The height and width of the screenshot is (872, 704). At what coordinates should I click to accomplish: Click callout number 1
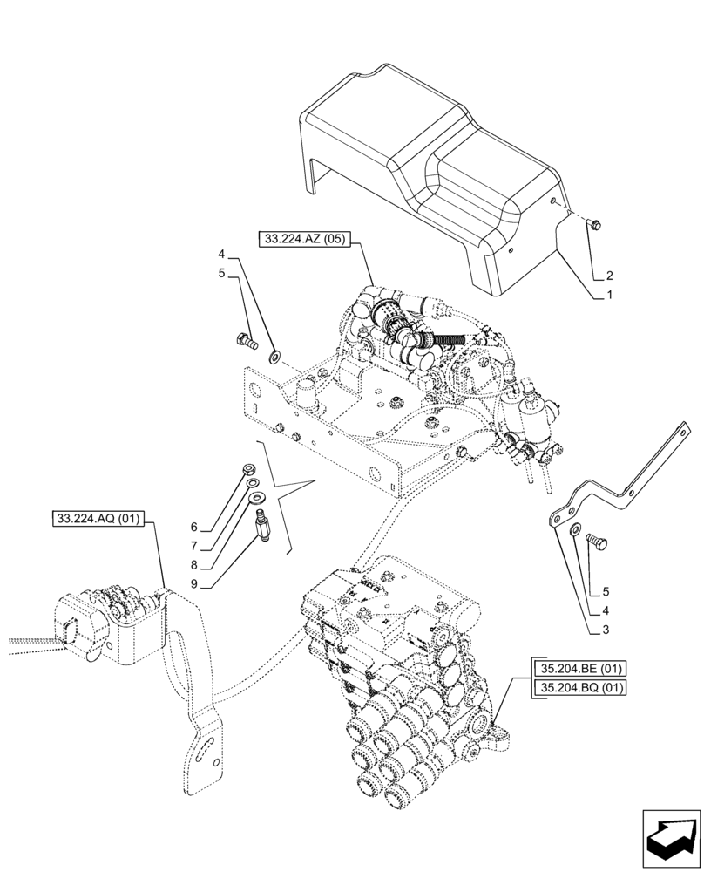click(x=610, y=296)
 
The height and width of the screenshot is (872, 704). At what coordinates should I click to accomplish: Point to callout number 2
click(x=610, y=275)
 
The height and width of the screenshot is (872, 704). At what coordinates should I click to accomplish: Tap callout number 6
click(x=194, y=528)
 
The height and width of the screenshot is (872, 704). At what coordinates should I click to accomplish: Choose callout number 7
click(x=194, y=547)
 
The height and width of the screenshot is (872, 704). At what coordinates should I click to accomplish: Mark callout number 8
click(x=194, y=565)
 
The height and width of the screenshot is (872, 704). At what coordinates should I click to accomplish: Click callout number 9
click(x=194, y=584)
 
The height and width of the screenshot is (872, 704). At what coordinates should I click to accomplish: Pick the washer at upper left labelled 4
click(x=275, y=355)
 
